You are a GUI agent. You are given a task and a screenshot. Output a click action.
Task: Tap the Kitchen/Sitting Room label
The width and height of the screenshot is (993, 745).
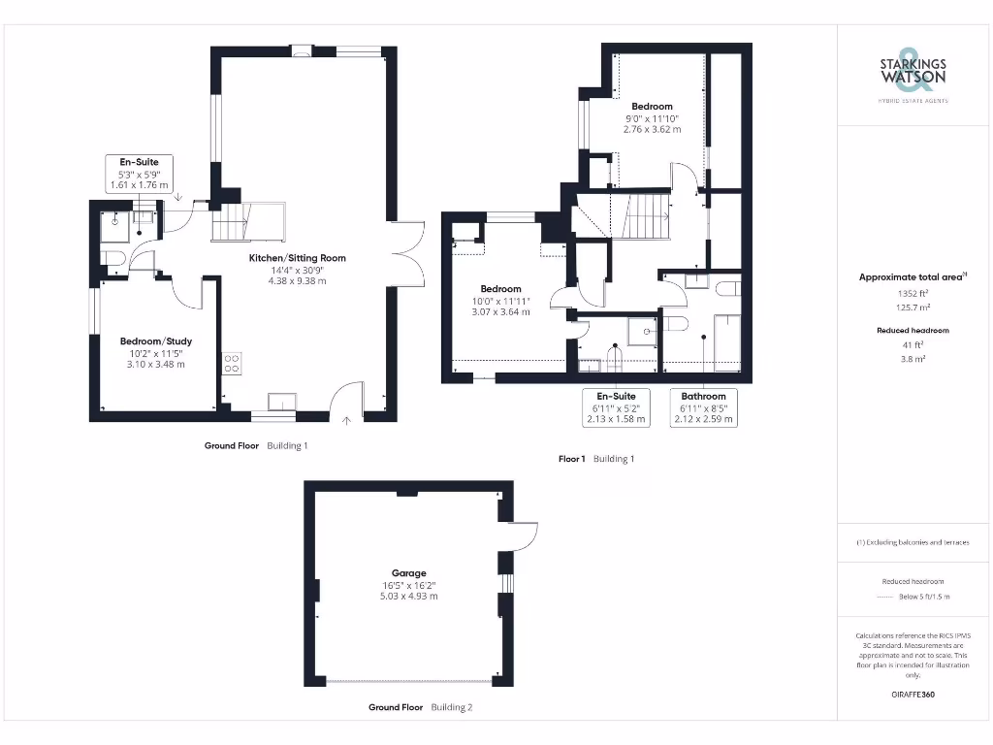297,258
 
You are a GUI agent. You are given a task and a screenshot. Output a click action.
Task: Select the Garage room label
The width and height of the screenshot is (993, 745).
408,573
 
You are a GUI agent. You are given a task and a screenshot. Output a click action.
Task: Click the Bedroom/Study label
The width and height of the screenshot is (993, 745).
155,341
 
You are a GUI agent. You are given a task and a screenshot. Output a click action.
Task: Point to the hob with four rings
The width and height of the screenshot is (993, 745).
233,363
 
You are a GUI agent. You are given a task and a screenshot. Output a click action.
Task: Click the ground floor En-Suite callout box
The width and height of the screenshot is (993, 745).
139,173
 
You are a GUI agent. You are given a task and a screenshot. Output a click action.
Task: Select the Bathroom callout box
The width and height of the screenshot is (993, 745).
703,407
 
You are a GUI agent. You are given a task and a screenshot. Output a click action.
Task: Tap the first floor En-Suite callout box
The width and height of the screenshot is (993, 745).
616,407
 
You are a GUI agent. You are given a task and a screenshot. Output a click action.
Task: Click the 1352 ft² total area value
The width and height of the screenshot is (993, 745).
912,291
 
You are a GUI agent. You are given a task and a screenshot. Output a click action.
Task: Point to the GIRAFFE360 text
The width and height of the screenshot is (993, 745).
912,695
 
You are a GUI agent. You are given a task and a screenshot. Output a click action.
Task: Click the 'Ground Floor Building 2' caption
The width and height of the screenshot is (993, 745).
420,707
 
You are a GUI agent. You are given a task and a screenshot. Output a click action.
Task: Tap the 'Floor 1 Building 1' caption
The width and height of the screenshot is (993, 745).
595,459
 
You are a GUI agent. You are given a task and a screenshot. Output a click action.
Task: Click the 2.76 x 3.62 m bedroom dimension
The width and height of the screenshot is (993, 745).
652,129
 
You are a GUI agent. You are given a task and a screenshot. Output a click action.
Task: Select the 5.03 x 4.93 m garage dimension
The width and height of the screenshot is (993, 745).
408,596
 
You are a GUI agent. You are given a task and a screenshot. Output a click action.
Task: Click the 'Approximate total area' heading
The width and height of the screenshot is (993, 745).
912,276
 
